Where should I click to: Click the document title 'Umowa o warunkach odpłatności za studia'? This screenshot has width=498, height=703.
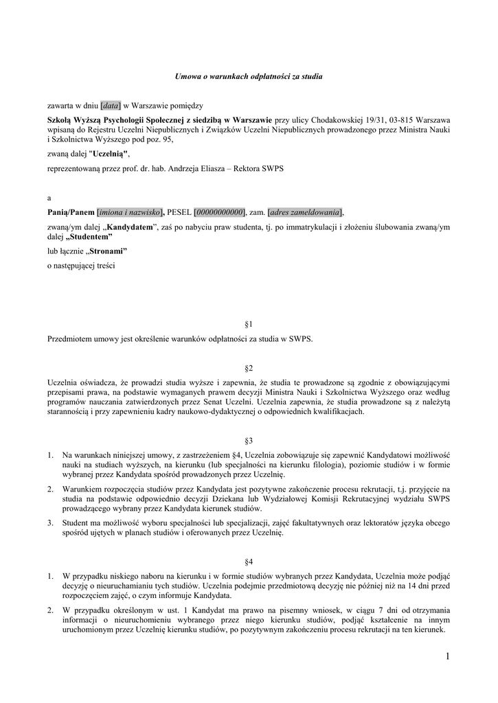249,76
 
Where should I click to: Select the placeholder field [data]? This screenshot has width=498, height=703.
111,105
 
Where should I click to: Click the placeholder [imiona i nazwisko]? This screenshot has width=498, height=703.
130,212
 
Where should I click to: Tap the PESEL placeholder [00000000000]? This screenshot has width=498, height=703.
220,212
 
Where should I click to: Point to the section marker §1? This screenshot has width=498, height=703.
249,323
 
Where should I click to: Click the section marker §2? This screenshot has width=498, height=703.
249,369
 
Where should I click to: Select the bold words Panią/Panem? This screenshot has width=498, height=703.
71,212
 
